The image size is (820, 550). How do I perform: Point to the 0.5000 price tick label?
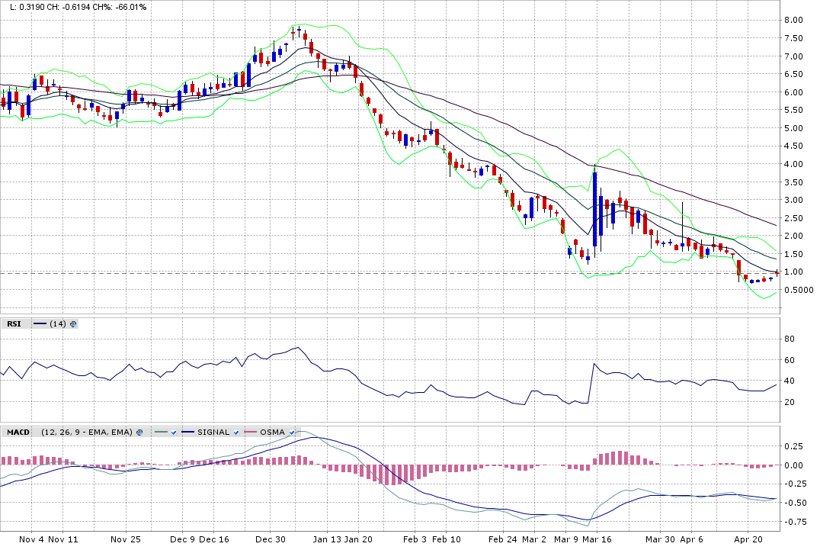799,290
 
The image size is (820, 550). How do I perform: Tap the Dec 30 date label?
270,539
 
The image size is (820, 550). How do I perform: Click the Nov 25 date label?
126,539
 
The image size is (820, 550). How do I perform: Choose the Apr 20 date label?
748,539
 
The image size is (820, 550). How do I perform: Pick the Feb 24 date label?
503,539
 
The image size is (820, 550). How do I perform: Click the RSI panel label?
14,324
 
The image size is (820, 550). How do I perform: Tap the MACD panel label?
18,433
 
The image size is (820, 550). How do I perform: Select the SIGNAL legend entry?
213,433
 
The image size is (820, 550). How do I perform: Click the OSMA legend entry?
272,433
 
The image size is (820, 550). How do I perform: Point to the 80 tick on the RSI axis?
790,339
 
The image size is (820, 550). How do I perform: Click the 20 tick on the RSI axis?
790,402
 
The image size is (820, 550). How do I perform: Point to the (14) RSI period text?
58,324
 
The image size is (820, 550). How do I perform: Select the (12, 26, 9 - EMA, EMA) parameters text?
87,433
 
